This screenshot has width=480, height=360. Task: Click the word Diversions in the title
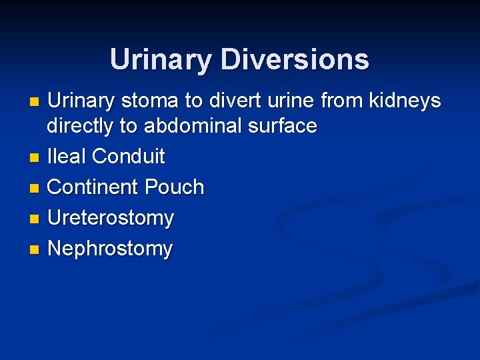(x=295, y=59)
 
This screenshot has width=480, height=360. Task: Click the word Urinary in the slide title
(x=161, y=59)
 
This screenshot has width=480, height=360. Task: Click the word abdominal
(x=196, y=126)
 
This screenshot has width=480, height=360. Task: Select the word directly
(x=83, y=126)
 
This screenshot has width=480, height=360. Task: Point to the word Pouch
(x=175, y=187)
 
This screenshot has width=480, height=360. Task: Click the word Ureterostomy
(x=111, y=218)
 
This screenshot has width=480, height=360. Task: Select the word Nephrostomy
(x=110, y=249)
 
